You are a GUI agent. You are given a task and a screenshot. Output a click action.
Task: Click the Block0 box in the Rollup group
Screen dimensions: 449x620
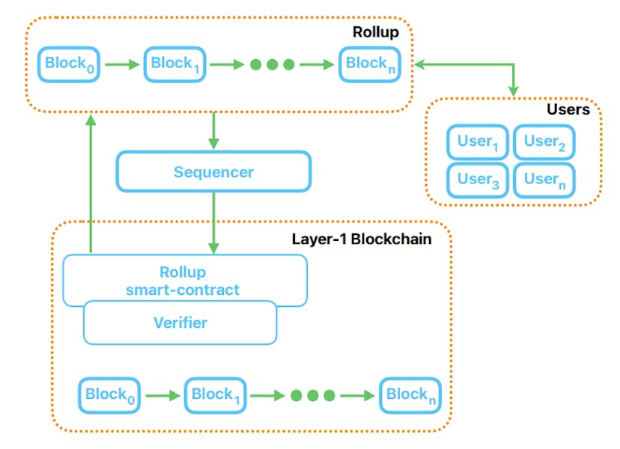click(70, 64)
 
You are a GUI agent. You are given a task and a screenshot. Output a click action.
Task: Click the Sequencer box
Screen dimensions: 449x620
click(213, 172)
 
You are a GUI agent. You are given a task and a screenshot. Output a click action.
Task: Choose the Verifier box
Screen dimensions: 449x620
click(180, 323)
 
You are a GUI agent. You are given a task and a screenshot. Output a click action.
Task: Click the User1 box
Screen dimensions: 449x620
click(478, 142)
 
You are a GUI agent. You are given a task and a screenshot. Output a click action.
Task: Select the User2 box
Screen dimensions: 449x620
click(544, 142)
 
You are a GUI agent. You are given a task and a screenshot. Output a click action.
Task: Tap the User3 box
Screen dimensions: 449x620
click(478, 179)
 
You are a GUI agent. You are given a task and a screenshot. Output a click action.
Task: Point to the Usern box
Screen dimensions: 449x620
click(544, 179)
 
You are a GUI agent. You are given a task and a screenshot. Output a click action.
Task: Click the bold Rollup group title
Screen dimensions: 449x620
click(375, 32)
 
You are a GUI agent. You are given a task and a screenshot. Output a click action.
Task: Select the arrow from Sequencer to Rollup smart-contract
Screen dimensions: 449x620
click(214, 222)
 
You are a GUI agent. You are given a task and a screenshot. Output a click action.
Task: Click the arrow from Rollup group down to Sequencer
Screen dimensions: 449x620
click(214, 130)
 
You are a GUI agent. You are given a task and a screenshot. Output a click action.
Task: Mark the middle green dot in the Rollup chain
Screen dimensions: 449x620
click(272, 64)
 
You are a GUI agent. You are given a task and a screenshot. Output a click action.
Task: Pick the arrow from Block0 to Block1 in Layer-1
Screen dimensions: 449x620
click(163, 396)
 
